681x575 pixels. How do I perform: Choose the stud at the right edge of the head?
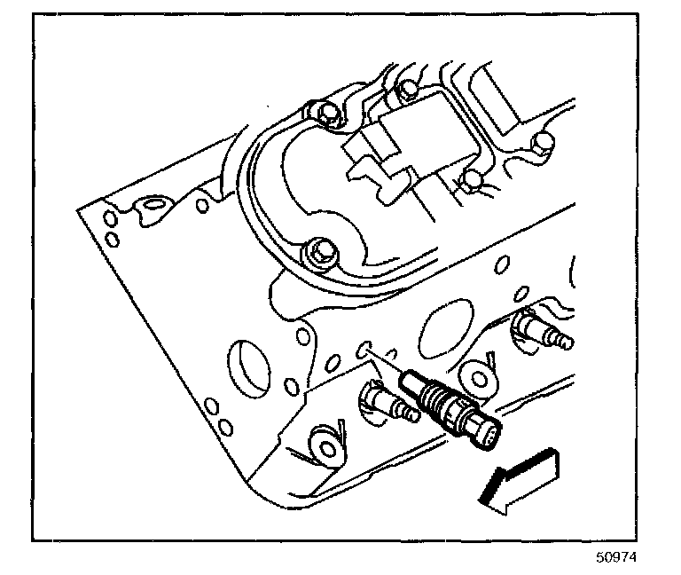coord(542,333)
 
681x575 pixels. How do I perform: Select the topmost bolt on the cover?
coord(406,89)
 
